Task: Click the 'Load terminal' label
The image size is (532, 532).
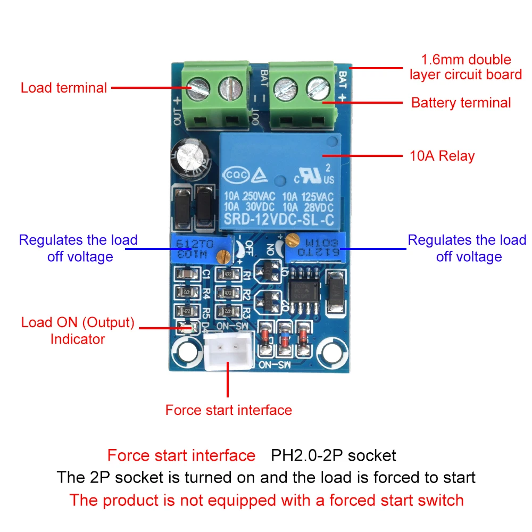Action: coord(64,88)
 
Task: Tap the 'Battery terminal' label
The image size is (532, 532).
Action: coord(461,103)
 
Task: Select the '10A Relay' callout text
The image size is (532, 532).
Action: coord(442,156)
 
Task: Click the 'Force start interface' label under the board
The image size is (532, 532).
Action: coord(228,410)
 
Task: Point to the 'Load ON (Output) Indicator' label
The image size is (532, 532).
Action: coord(78,330)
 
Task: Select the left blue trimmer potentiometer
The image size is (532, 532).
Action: coord(196,248)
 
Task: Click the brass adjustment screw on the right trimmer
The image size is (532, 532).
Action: coord(290,242)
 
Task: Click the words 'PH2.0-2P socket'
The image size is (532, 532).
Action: coord(334,455)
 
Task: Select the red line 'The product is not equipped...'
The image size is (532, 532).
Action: coord(266,500)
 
